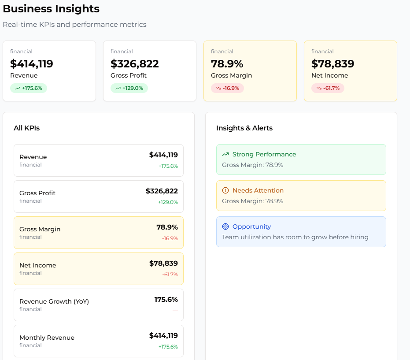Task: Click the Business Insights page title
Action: pos(51,9)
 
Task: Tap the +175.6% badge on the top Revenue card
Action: pos(29,88)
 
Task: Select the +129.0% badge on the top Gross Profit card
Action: pos(129,88)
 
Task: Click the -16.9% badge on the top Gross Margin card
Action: pos(227,88)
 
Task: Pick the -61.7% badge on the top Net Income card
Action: pos(328,88)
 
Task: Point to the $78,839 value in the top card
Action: pos(332,64)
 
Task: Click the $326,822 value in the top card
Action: pos(134,64)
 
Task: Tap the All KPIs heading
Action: pos(26,128)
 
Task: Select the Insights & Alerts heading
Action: pos(244,128)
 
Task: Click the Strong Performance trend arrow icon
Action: pos(225,154)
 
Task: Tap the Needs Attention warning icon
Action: pos(225,190)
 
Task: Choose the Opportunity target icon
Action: pos(225,226)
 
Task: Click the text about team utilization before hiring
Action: pos(295,237)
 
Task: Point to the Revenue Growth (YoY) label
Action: pos(54,301)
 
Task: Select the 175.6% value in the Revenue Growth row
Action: pos(166,300)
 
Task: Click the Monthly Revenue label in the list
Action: pos(47,338)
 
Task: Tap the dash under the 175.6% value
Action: pos(175,311)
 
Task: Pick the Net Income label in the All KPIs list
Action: pos(37,265)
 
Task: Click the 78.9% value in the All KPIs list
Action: pos(167,227)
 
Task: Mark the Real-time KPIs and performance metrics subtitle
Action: pos(74,25)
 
